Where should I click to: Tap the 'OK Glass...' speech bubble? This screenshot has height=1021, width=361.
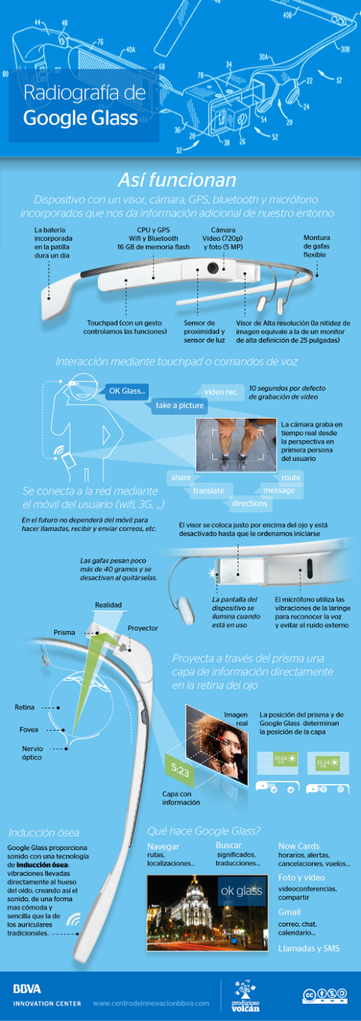coord(126,391)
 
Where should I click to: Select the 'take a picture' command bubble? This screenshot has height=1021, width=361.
coord(180,405)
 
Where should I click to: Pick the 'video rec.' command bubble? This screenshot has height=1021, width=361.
coord(221,391)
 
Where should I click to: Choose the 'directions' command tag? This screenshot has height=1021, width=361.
coord(250,503)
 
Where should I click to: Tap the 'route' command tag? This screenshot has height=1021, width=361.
coord(290,477)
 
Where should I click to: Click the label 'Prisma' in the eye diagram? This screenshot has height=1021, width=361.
coord(64,632)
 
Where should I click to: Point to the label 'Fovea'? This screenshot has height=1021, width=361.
coord(29,729)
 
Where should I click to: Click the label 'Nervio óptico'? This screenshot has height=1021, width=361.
coord(32,753)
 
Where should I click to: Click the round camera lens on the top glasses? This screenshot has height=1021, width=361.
coord(212,268)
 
